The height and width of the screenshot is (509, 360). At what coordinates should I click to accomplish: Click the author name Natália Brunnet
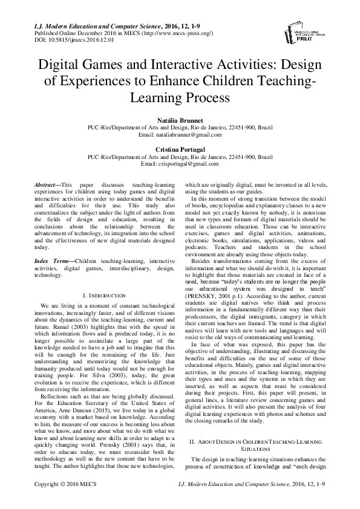point(179,122)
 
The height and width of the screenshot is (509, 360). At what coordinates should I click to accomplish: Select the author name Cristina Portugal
point(179,149)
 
